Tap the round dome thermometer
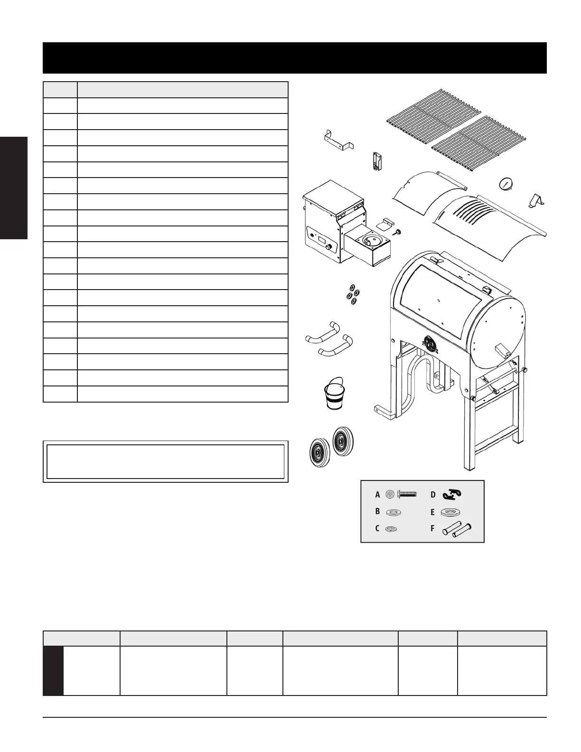pos(506,184)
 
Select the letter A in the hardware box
pos(377,495)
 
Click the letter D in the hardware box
pos(433,495)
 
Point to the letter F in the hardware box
pos(432,528)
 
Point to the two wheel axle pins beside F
pos(457,529)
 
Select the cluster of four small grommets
pos(353,294)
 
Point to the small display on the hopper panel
pos(320,239)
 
